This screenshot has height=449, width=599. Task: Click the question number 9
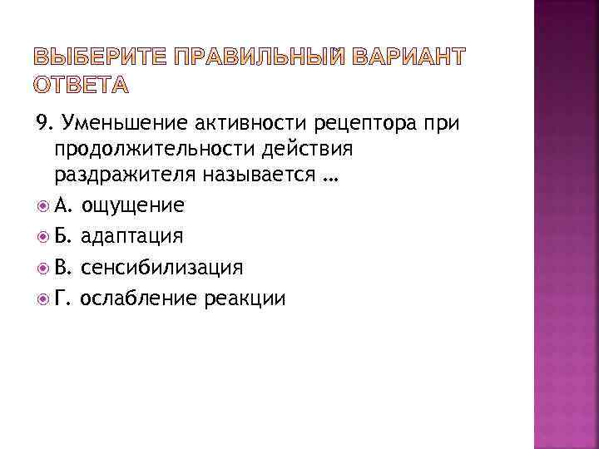click(x=42, y=125)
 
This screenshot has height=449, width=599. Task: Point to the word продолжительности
click(x=158, y=151)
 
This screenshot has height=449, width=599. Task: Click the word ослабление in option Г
click(x=131, y=298)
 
